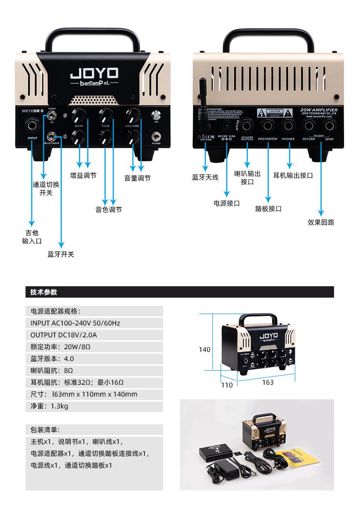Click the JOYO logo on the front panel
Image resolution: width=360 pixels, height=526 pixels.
(94, 73)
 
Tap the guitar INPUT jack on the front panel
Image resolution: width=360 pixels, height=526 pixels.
(33, 124)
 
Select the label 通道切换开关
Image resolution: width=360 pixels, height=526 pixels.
(46, 189)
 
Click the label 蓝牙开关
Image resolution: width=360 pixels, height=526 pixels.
(61, 254)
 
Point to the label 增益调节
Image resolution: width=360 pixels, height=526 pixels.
(83, 175)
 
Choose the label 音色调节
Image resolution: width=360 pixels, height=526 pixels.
(108, 210)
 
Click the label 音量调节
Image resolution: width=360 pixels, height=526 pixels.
(137, 178)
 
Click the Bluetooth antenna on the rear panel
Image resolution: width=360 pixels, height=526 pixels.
(204, 98)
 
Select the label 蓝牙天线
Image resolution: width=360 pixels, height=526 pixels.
(205, 177)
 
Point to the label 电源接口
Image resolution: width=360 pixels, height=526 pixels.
(226, 203)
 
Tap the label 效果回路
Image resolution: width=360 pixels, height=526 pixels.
(321, 222)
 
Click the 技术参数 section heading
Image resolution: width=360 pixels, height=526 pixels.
(44, 292)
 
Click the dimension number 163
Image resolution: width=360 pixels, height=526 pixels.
(268, 382)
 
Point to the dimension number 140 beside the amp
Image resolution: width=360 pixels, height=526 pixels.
(205, 350)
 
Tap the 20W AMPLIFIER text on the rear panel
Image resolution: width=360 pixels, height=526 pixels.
(319, 110)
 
